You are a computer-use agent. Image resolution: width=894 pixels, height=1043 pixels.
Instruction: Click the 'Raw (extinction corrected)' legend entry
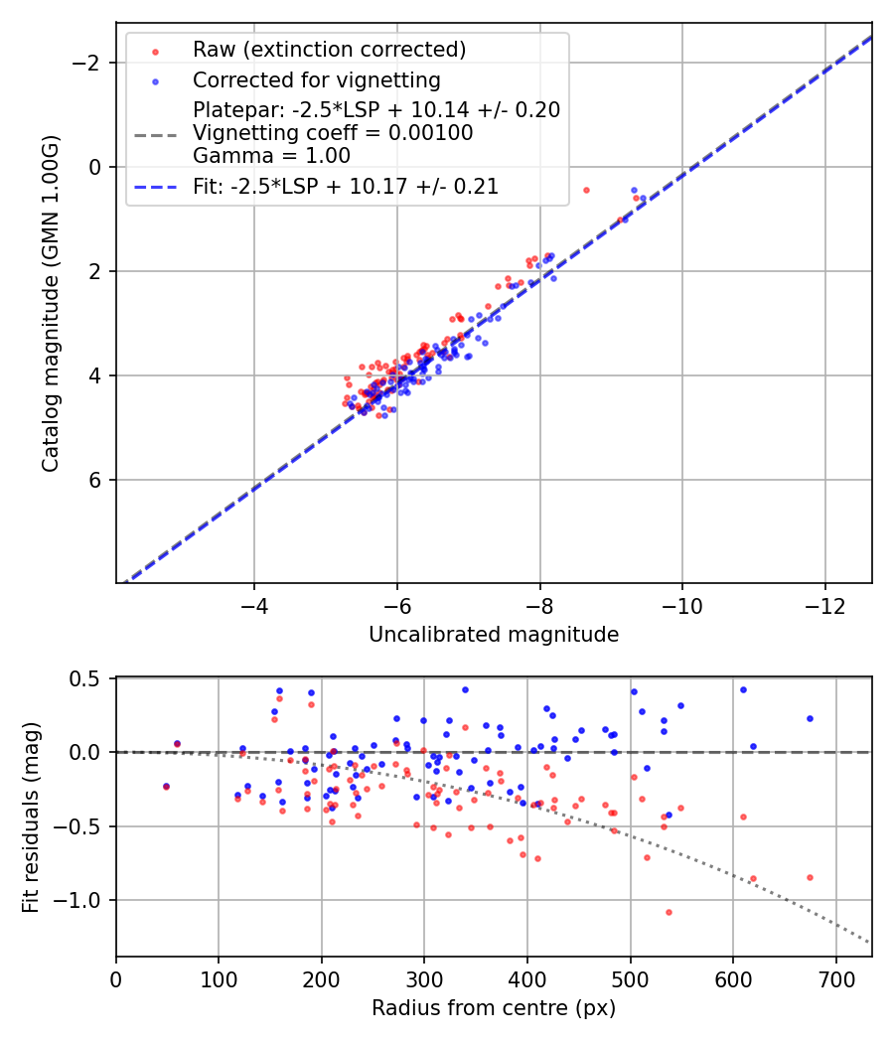point(329,50)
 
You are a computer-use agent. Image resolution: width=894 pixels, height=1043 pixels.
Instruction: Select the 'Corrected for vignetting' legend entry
point(317,79)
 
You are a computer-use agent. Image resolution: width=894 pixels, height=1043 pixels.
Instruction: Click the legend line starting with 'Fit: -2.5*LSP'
point(346,186)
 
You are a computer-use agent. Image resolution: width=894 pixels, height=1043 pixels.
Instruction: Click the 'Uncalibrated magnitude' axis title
point(494,635)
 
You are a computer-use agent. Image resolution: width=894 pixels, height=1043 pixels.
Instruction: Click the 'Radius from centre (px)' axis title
point(494,1008)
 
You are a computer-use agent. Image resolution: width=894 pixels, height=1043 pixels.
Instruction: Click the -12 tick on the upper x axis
point(824,604)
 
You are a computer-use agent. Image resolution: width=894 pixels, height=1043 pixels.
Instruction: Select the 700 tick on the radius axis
point(835,977)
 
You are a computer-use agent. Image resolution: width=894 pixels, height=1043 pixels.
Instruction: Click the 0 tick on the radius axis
point(116,977)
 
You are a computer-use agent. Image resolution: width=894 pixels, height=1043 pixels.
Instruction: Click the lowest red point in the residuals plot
point(669,912)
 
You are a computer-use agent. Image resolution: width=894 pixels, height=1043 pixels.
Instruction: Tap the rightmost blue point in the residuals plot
point(810,718)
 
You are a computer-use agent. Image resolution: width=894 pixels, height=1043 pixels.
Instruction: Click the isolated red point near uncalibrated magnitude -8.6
point(586,190)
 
